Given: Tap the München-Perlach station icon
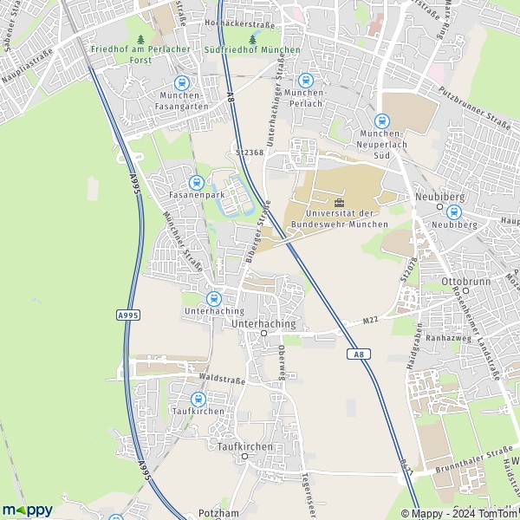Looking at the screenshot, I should click(304, 80).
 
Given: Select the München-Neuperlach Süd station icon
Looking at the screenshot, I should click(382, 121).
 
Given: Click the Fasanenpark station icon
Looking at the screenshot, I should click(197, 182).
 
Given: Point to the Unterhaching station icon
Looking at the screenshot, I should click(215, 298).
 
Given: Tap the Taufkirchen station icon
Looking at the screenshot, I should click(198, 399).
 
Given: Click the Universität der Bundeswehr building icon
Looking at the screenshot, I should click(339, 202).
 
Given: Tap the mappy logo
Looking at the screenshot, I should click(27, 510).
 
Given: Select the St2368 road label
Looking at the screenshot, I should click(250, 153).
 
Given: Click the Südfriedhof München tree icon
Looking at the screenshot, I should click(253, 39).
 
